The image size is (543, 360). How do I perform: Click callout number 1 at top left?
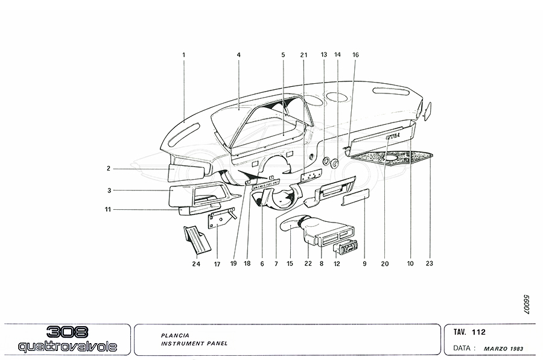tap(183, 55)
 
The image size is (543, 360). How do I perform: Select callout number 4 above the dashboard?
tap(239, 55)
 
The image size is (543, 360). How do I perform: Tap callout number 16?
tap(355, 55)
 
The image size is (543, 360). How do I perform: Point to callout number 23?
tap(430, 263)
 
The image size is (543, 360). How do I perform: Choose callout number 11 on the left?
tap(109, 210)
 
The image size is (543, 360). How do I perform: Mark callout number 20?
tap(386, 263)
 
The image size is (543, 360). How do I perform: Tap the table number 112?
tap(480, 332)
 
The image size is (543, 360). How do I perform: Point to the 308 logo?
tap(67, 332)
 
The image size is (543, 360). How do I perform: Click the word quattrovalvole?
tap(67, 347)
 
